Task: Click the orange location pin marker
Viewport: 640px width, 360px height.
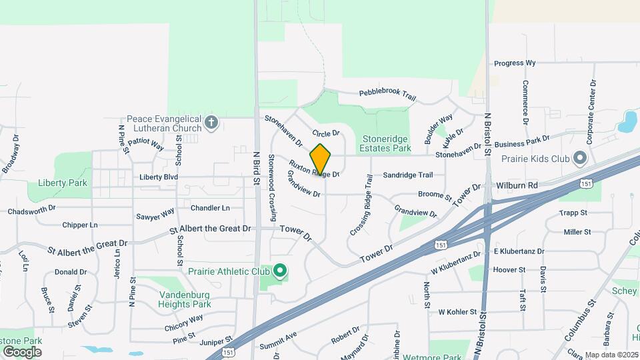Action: (321, 158)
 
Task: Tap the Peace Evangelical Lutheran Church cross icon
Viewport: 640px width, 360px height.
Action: (211, 122)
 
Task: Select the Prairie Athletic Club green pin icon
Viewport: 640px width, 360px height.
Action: (280, 271)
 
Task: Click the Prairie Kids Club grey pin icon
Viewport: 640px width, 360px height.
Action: (579, 159)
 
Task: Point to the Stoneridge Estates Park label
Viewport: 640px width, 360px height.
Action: (387, 144)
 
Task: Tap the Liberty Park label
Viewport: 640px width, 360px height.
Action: (63, 183)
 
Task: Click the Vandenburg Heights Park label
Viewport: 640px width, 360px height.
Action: (184, 299)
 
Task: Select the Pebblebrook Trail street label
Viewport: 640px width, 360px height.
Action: (387, 95)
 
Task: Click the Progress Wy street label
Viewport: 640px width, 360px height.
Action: (515, 63)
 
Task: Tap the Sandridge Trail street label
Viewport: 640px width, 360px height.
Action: (407, 175)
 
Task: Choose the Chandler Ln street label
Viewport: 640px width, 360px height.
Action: (210, 208)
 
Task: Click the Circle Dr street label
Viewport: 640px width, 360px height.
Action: (326, 133)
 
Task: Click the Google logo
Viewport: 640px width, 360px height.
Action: (22, 351)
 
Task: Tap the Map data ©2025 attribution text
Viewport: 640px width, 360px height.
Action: (611, 355)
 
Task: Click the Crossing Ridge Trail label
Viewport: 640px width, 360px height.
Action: (360, 205)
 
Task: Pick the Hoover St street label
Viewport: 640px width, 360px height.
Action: (509, 270)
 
